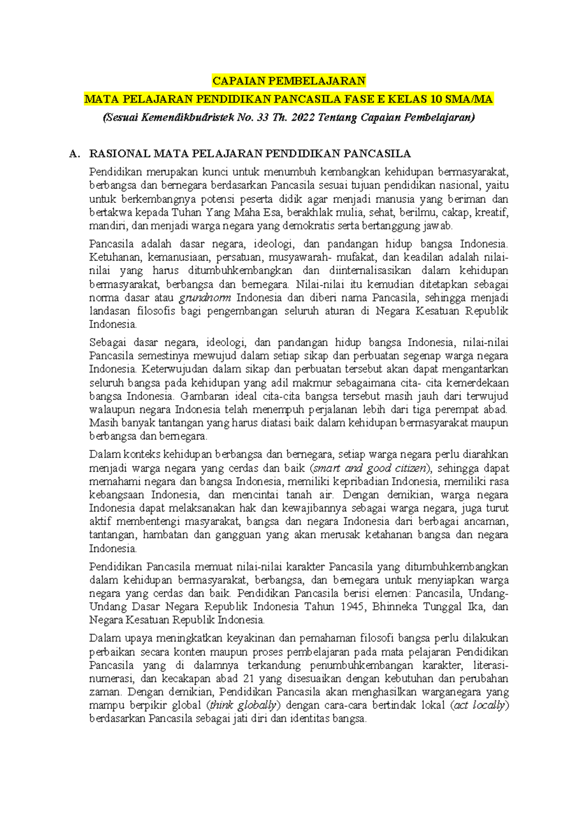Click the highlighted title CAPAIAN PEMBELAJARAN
tap(289, 80)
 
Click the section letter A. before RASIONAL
tap(74, 154)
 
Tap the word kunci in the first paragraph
tap(216, 172)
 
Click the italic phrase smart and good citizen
tap(369, 468)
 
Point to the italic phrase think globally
tap(243, 706)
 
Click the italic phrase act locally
tap(480, 706)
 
